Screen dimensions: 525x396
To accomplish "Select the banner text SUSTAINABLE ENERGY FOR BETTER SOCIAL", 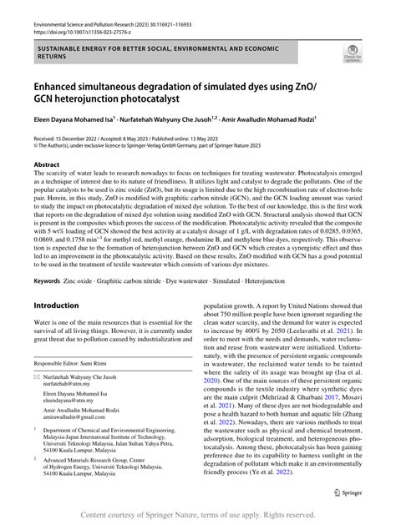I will tap(100, 48).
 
